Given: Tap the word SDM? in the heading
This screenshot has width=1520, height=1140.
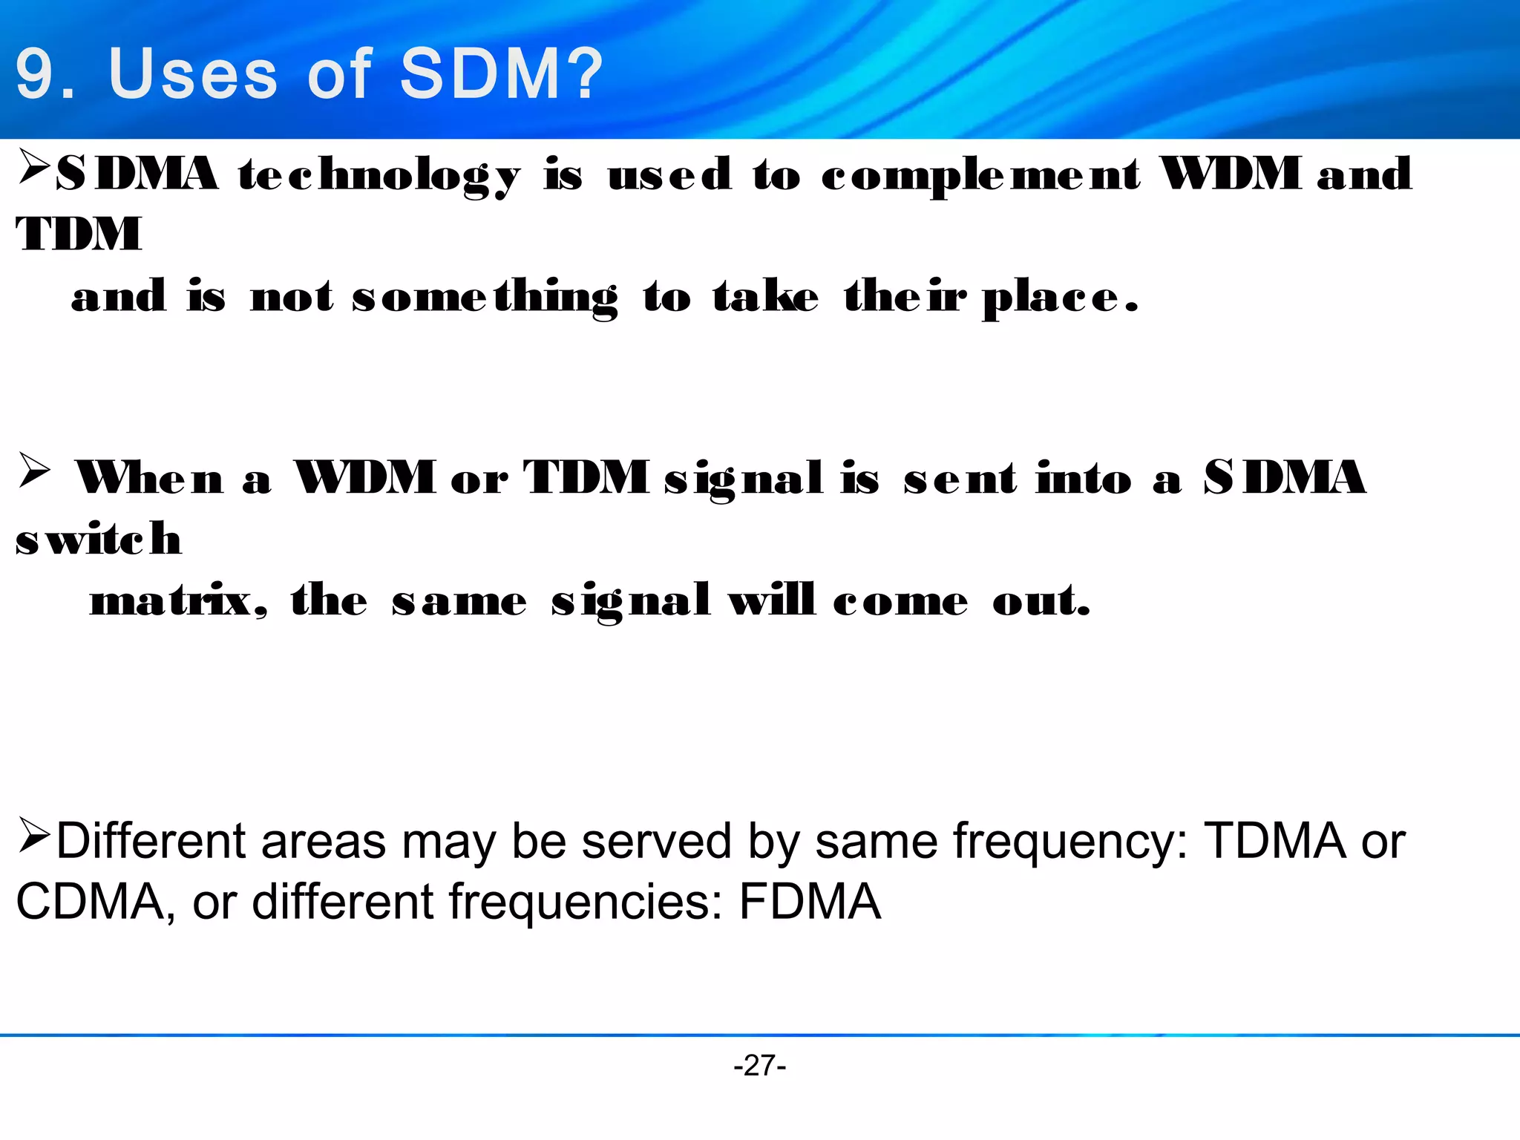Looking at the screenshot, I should (x=502, y=74).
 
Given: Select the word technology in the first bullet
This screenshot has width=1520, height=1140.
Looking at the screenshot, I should (x=379, y=176).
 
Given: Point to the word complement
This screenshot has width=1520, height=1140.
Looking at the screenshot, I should (x=980, y=176).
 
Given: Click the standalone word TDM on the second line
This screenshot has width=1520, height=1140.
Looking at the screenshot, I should (x=79, y=235).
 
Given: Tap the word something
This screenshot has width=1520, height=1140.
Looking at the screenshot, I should (x=485, y=298).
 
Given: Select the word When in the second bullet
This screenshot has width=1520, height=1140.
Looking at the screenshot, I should (x=149, y=478).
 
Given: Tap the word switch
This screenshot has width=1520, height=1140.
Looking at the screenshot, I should (x=99, y=539).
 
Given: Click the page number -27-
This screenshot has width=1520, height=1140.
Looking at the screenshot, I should (x=759, y=1066).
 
